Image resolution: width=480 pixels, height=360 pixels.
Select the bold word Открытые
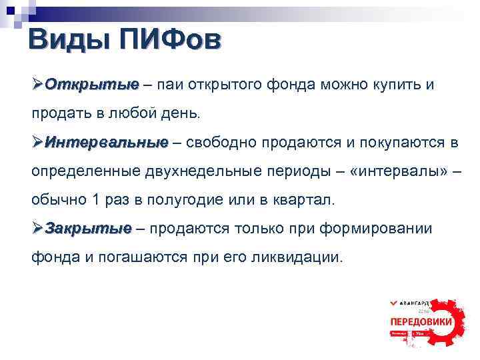(x=93, y=85)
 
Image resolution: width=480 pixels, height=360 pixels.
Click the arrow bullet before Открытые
(x=37, y=85)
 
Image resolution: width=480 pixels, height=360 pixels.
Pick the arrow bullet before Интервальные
(x=37, y=142)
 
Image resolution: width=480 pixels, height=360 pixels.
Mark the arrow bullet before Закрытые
(x=37, y=228)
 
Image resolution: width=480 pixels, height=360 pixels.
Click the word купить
(x=394, y=85)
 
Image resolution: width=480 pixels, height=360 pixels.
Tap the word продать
(x=61, y=114)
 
